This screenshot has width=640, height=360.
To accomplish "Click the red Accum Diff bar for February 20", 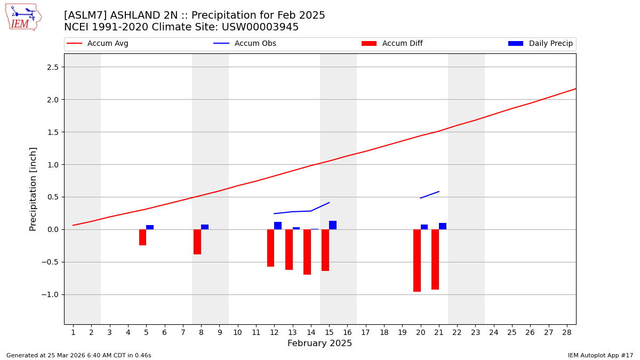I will point(417,260).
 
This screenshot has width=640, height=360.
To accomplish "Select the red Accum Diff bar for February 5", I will point(142,237).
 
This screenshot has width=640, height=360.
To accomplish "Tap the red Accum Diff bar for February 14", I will point(307,252).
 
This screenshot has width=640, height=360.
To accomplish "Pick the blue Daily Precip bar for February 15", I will point(333,225).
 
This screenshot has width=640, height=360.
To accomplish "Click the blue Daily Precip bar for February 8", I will point(205,227).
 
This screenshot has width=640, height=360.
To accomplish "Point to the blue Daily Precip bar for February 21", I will point(443,226).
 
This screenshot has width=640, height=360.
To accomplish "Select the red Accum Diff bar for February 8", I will point(197,242).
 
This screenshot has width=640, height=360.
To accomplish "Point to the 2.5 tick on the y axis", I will point(56,67).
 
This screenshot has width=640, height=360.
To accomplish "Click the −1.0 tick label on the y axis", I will point(53,295).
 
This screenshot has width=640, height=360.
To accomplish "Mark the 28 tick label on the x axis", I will point(567,332).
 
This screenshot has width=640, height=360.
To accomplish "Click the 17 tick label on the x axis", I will point(365,332).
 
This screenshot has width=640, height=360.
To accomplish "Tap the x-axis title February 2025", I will point(320,343).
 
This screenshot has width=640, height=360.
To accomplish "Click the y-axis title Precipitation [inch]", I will point(33,189).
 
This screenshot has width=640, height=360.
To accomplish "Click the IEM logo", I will point(23,17).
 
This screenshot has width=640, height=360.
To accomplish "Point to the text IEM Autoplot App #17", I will point(601,356).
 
